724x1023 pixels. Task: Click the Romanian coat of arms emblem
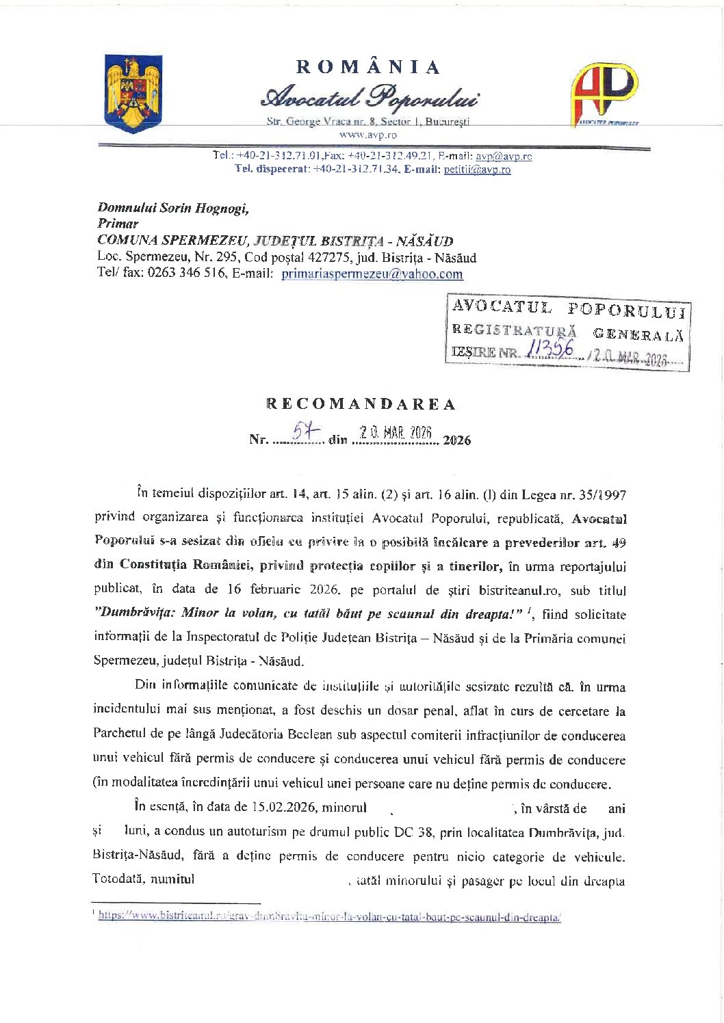pyautogui.click(x=133, y=94)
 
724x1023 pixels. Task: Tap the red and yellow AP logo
pyautogui.click(x=604, y=94)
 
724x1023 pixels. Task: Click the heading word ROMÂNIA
pyautogui.click(x=368, y=67)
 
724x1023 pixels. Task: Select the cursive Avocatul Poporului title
pyautogui.click(x=369, y=97)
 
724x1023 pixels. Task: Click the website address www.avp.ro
pyautogui.click(x=367, y=135)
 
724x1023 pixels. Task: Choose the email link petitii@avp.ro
pyautogui.click(x=477, y=170)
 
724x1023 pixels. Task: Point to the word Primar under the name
pyautogui.click(x=118, y=224)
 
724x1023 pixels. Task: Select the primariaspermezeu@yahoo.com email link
pyautogui.click(x=372, y=274)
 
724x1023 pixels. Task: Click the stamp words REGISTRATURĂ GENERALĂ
pyautogui.click(x=567, y=332)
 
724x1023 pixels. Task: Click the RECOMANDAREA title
pyautogui.click(x=361, y=404)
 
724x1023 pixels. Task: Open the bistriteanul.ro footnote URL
pyautogui.click(x=329, y=916)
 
